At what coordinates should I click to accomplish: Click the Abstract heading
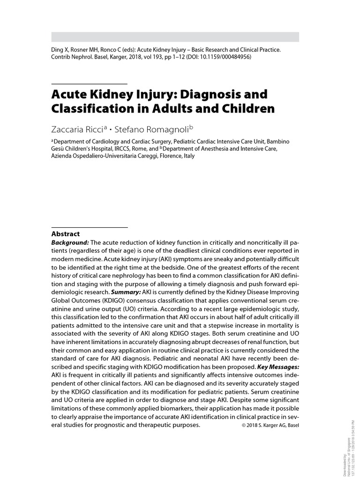65,233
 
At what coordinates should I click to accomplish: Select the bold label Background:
70,242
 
